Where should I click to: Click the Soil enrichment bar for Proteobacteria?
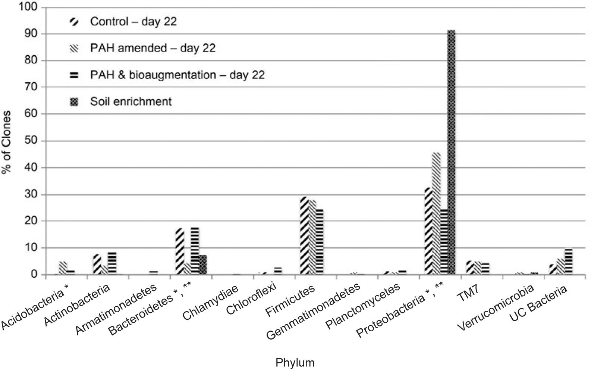coord(451,153)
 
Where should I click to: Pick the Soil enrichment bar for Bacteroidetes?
coord(202,265)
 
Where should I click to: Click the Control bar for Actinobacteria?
coord(97,265)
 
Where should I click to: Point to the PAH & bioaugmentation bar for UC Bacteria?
coord(568,262)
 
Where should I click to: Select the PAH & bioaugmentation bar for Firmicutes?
coord(320,242)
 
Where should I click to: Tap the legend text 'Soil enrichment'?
coord(131,101)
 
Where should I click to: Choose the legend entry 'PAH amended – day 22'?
coord(153,48)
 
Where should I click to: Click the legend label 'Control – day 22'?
coord(133,21)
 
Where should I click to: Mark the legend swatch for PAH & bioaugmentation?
coord(75,75)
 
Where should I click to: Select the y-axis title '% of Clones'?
coord(7,142)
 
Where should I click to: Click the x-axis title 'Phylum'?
coord(295,362)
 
